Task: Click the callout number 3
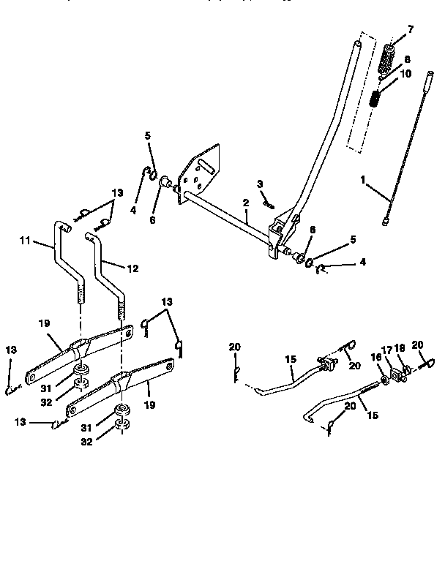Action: click(260, 183)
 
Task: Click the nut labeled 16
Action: click(384, 380)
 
